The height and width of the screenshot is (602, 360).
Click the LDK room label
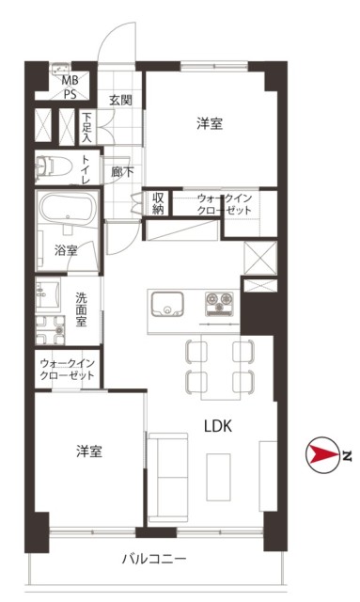[x=218, y=426]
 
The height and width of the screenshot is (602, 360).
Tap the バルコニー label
[x=154, y=559]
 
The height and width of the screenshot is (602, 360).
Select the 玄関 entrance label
[x=120, y=100]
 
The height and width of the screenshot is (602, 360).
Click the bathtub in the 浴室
[x=68, y=210]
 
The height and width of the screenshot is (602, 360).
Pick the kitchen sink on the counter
[x=167, y=304]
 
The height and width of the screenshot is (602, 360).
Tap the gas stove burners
[x=219, y=303]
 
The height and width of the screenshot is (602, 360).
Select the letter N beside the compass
[x=347, y=455]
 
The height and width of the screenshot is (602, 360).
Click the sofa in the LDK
[x=168, y=478]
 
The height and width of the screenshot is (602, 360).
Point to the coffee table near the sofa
[x=219, y=477]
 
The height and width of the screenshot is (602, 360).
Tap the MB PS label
[x=70, y=87]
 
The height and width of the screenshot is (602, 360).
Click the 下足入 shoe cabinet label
[x=87, y=127]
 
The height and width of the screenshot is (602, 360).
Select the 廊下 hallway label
[x=122, y=172]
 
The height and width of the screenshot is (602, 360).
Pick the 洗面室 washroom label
[x=81, y=309]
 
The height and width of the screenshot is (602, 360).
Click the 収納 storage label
[x=158, y=203]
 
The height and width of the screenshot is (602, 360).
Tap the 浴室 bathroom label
[x=66, y=251]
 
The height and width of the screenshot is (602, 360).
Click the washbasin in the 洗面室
[x=48, y=294]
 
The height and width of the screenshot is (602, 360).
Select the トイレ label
[x=86, y=169]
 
